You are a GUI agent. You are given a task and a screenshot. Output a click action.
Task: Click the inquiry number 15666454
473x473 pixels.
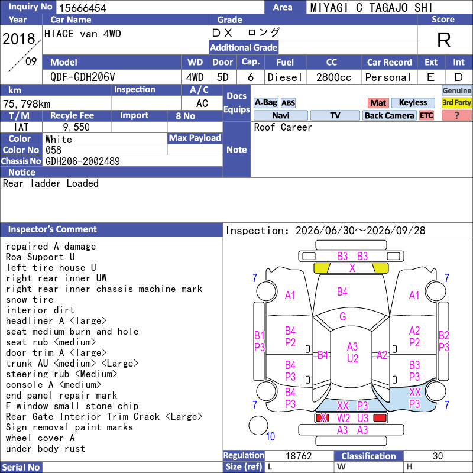83,8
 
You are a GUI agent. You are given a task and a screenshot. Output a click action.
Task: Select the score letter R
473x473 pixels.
444,40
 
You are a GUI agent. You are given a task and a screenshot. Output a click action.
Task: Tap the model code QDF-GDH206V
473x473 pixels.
83,77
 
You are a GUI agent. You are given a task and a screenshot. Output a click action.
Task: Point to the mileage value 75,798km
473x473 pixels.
27,104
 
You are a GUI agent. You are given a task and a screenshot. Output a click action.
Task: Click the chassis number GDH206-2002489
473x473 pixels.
83,161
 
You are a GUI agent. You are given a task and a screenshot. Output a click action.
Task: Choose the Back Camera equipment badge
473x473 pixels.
389,115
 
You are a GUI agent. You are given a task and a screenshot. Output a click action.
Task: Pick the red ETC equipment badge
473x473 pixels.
426,115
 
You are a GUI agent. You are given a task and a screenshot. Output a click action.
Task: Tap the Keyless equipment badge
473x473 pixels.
413,102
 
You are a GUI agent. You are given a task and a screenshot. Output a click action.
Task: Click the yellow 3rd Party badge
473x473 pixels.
456,102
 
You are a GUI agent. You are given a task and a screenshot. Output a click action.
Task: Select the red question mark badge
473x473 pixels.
456,115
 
